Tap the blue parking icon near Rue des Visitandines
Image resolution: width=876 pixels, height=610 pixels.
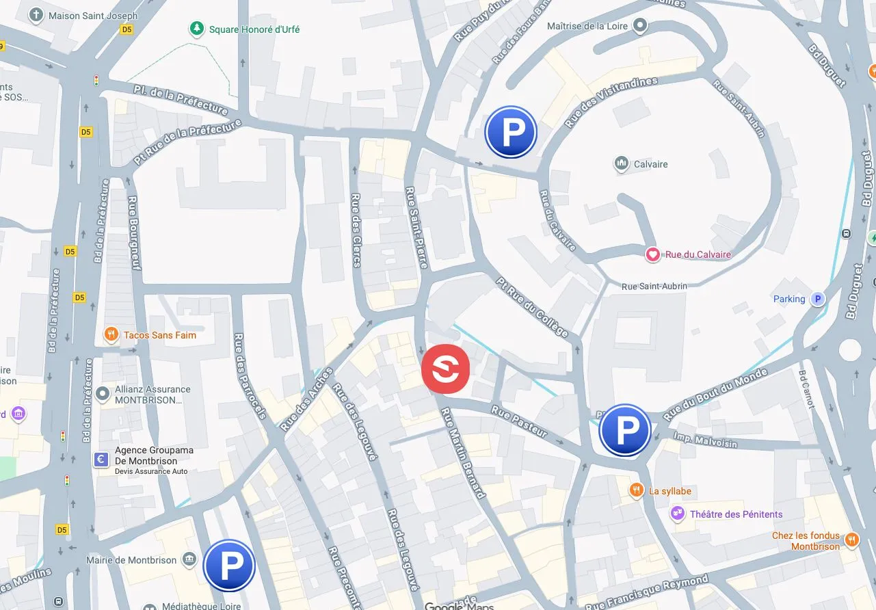[x=510, y=133]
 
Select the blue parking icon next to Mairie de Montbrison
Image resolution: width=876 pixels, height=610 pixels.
[x=229, y=565]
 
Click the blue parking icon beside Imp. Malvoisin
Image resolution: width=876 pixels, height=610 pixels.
[x=624, y=429]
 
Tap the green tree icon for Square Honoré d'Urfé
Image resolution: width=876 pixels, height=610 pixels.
[x=197, y=29]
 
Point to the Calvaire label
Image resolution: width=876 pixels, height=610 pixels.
[x=650, y=164]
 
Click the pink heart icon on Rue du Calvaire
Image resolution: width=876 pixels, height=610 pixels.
[x=653, y=254]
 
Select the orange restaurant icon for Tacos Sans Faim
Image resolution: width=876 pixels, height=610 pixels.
[x=111, y=334]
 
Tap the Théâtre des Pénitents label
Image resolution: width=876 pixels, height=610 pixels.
[x=736, y=514]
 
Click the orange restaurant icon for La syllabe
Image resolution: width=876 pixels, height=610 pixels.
[x=637, y=490]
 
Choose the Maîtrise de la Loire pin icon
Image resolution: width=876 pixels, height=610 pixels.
[x=640, y=26]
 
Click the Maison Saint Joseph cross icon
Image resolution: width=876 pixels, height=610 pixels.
[x=36, y=15]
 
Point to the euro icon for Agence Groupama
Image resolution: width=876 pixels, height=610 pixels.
[x=101, y=460]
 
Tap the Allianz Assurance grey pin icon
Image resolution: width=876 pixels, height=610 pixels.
[x=103, y=393]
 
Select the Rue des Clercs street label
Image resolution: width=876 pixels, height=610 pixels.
[x=356, y=229]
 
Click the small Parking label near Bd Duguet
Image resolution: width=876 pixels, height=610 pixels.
[x=789, y=299]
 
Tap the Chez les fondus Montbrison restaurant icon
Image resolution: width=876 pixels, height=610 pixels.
[x=851, y=540]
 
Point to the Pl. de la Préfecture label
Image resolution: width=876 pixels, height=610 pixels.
[x=181, y=99]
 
